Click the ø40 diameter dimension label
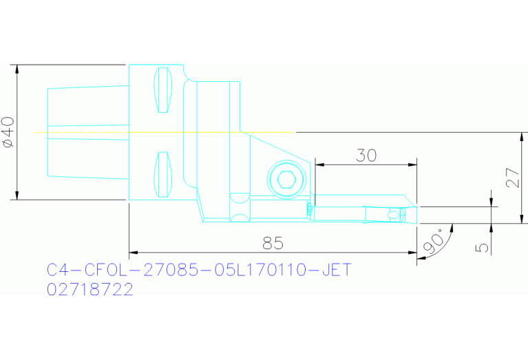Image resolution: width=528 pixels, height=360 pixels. pyautogui.click(x=8, y=132)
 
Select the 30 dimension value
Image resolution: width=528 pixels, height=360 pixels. pyautogui.click(x=366, y=156)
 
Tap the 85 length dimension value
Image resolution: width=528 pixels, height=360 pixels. pyautogui.click(x=273, y=244)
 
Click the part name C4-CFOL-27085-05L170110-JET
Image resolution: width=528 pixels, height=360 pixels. pyautogui.click(x=199, y=270)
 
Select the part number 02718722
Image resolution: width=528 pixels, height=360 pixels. pyautogui.click(x=89, y=290)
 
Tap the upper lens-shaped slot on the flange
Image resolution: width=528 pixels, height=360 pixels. pyautogui.click(x=163, y=91)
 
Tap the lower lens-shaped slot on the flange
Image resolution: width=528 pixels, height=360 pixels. pyautogui.click(x=163, y=173)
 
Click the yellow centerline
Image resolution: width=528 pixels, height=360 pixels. pyautogui.click(x=165, y=131)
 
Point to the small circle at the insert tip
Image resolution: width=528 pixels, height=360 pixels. pyautogui.click(x=393, y=216)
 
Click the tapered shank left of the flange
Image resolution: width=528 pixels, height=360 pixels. pyautogui.click(x=87, y=131)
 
